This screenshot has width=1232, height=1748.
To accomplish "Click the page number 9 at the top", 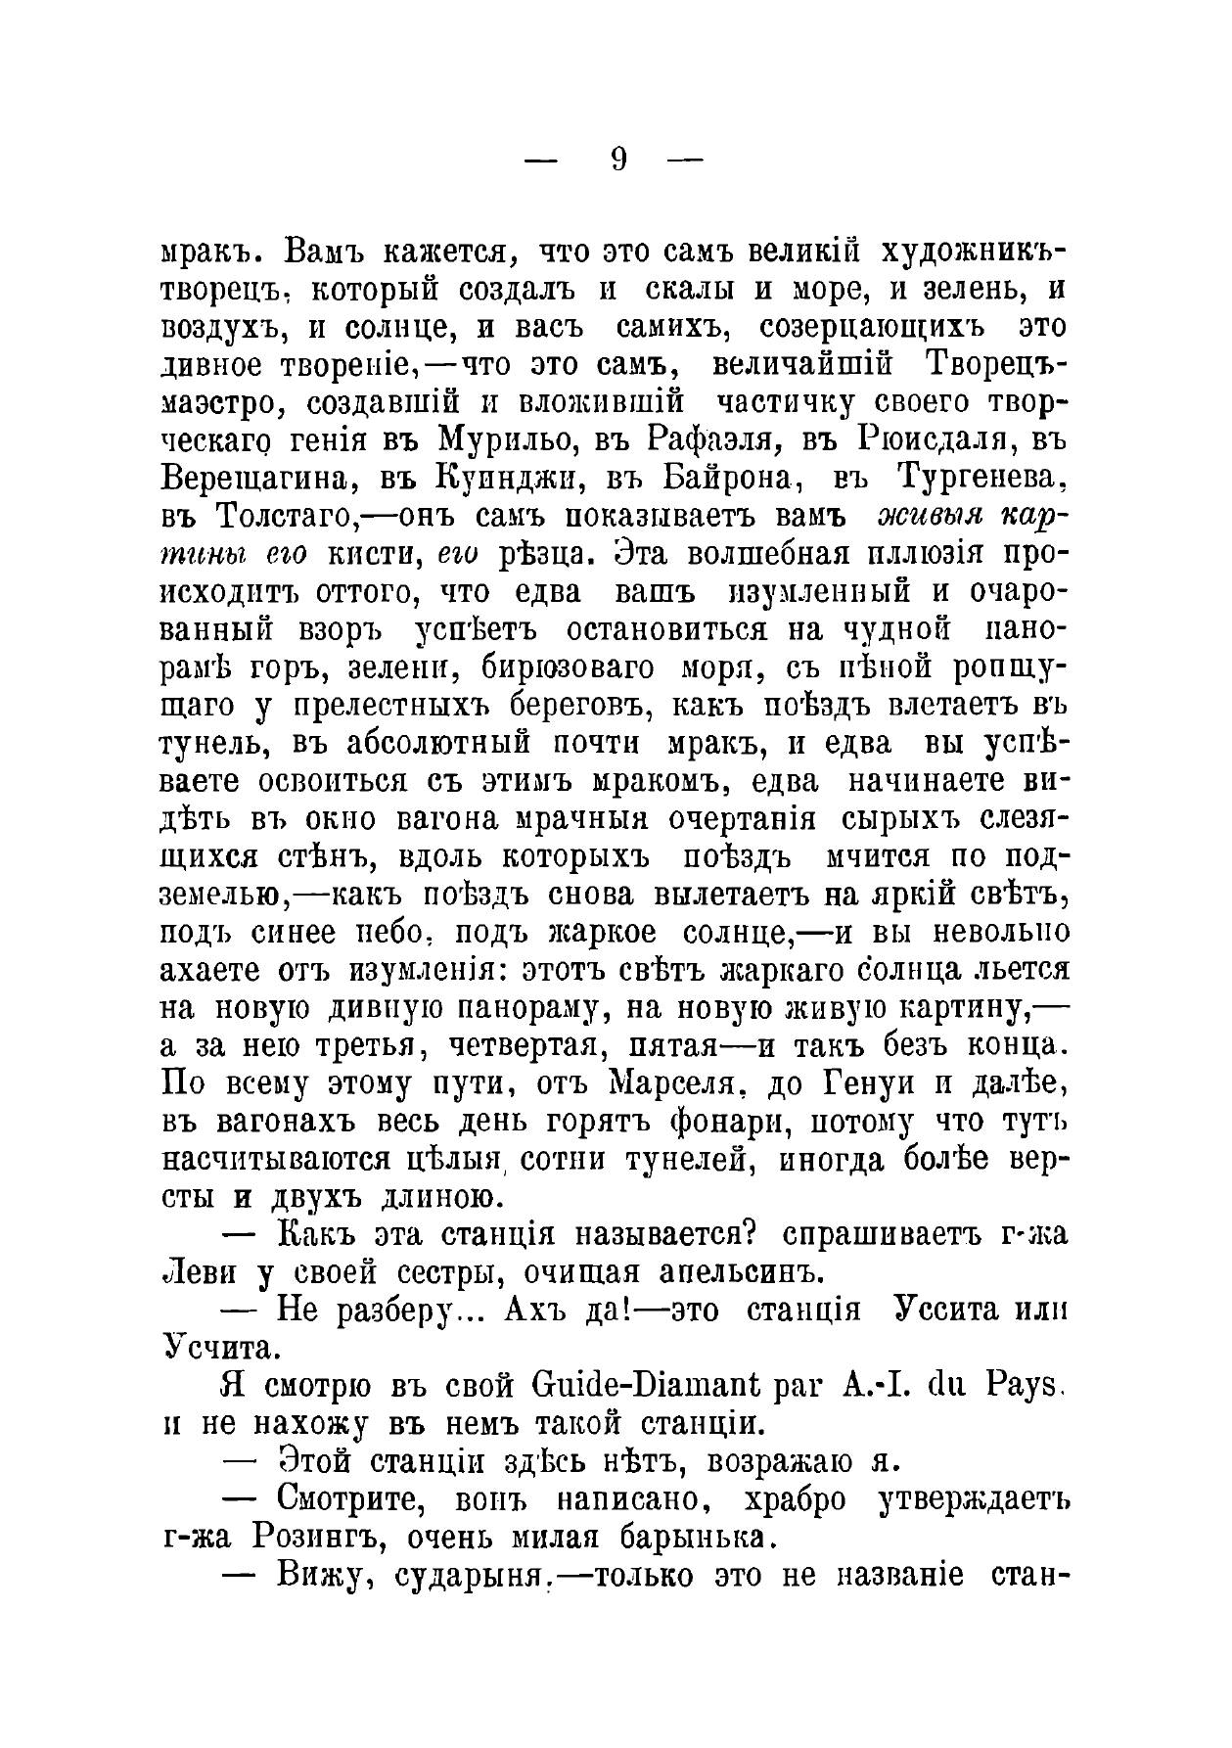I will pyautogui.click(x=617, y=159).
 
